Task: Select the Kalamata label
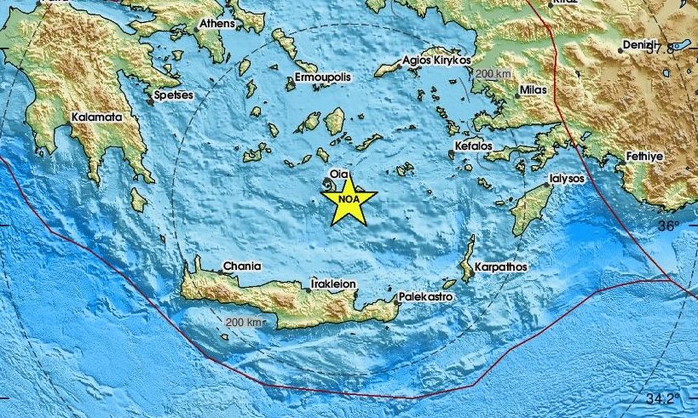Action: click(97, 117)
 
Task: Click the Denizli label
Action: click(639, 43)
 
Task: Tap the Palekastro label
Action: click(425, 296)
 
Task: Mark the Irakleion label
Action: click(333, 283)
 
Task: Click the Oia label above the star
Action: click(339, 175)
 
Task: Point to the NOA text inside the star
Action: click(348, 200)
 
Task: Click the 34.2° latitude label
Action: click(662, 398)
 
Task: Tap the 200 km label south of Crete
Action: click(245, 322)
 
